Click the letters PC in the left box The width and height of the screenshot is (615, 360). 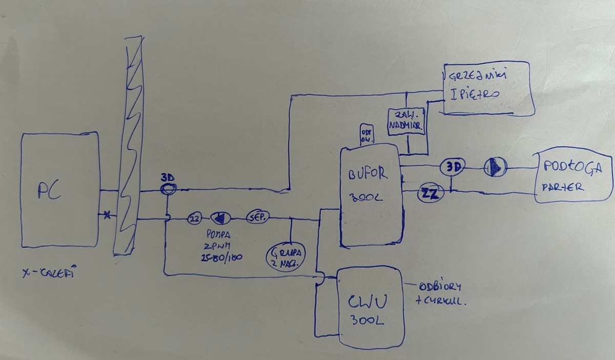click(50, 192)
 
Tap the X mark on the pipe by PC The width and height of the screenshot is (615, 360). click(107, 215)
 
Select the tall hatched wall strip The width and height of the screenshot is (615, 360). click(128, 146)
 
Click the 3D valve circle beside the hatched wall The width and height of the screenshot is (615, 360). click(168, 189)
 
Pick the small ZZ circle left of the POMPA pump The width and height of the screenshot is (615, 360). click(194, 218)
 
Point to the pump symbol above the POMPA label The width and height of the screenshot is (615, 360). click(221, 218)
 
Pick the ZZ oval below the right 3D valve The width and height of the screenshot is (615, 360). click(430, 193)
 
